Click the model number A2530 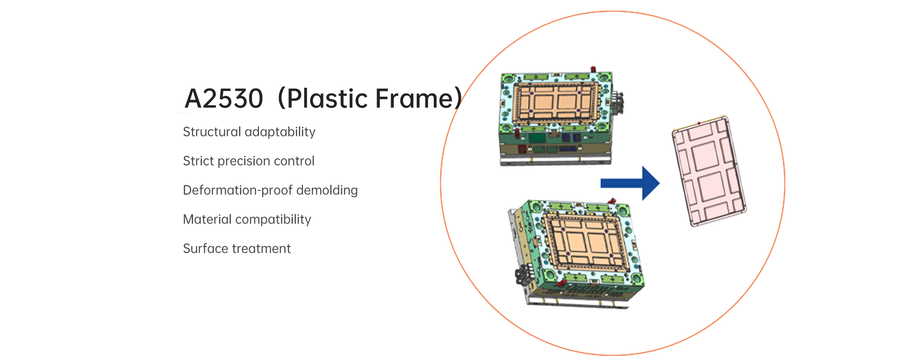(x=224, y=99)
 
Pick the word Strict (x=198, y=161)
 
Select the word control (x=294, y=161)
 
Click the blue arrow (x=630, y=183)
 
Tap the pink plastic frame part (x=709, y=171)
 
